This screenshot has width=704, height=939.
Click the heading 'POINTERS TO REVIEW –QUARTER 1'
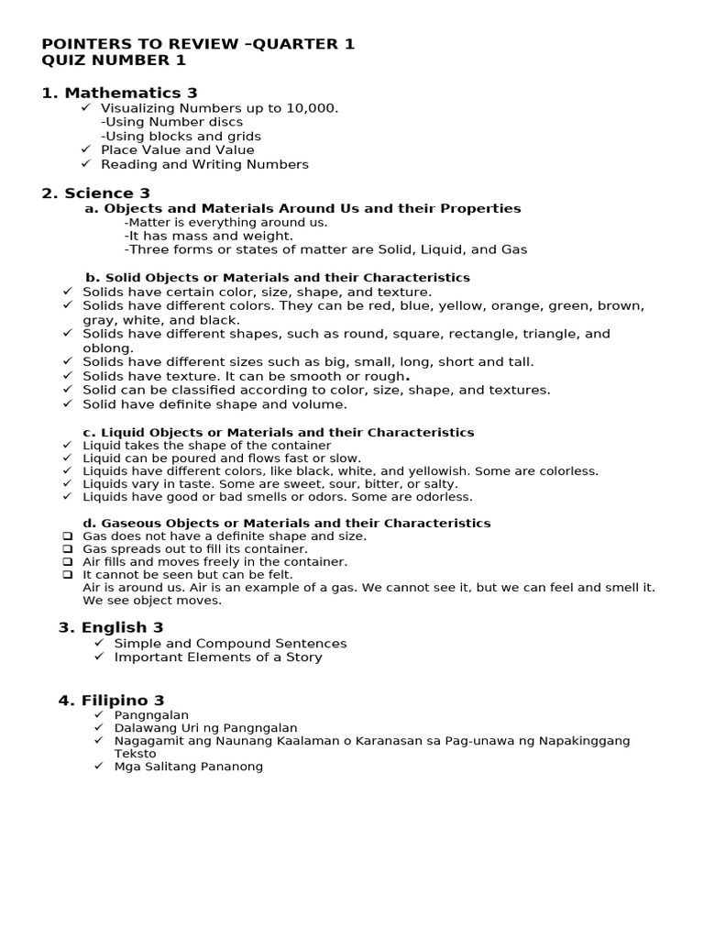pos(198,44)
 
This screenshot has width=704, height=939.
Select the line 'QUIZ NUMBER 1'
pos(114,61)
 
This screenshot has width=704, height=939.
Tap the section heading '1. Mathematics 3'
pos(119,93)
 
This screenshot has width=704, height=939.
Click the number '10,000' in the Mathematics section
pos(309,108)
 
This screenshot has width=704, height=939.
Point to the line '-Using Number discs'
pos(171,122)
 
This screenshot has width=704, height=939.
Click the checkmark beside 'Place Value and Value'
pos(86,149)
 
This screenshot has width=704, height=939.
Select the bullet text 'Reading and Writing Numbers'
pos(204,164)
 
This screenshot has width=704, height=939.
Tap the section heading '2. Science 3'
pos(96,193)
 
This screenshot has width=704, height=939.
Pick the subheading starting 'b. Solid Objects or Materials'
pos(277,277)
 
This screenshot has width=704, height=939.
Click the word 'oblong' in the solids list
pos(107,348)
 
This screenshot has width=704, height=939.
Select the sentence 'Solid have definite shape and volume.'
pos(214,404)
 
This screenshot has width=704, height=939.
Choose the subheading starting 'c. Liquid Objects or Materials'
pos(279,432)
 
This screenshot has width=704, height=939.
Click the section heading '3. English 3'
pos(111,628)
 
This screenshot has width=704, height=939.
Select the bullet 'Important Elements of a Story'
pos(217,657)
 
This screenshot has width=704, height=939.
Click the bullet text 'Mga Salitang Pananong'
pos(188,767)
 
